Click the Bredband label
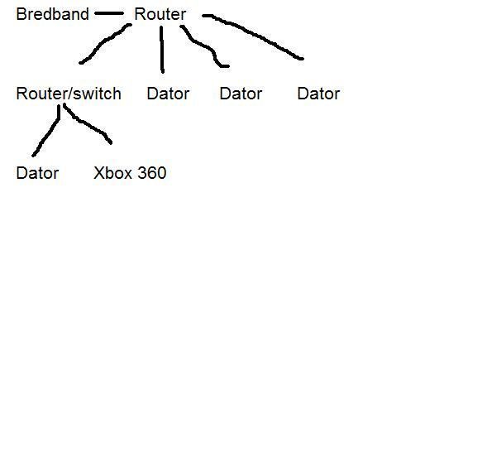click(x=52, y=14)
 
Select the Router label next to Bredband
click(x=160, y=14)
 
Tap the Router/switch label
click(x=69, y=94)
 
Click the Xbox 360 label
click(x=130, y=173)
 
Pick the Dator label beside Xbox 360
click(x=37, y=173)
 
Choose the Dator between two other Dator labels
click(x=241, y=94)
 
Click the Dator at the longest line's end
click(x=318, y=94)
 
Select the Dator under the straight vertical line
click(x=168, y=94)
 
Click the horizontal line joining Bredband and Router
click(x=109, y=13)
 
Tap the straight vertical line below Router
click(x=162, y=50)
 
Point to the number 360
click(x=152, y=173)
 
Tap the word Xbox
click(x=113, y=173)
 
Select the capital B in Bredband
click(x=21, y=14)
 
